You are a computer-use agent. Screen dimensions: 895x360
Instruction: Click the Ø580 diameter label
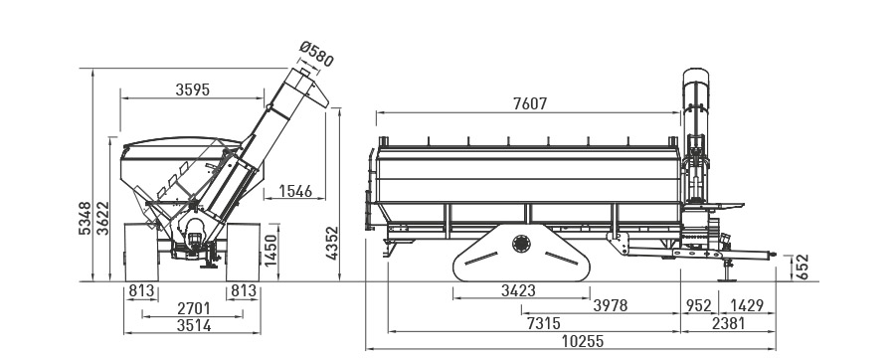click(316, 55)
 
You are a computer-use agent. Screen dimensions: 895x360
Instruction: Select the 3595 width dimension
click(193, 90)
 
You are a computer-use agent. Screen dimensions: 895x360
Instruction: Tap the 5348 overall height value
click(85, 218)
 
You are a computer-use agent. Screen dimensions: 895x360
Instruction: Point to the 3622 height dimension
click(102, 218)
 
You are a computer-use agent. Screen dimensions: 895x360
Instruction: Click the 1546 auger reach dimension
click(295, 191)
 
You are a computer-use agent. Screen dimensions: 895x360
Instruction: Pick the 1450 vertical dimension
click(270, 250)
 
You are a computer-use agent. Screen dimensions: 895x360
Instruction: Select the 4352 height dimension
click(332, 243)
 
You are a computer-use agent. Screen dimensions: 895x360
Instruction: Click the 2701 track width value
click(194, 308)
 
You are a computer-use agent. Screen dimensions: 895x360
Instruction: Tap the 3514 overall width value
click(194, 326)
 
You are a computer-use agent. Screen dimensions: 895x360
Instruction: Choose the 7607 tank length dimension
click(530, 103)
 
